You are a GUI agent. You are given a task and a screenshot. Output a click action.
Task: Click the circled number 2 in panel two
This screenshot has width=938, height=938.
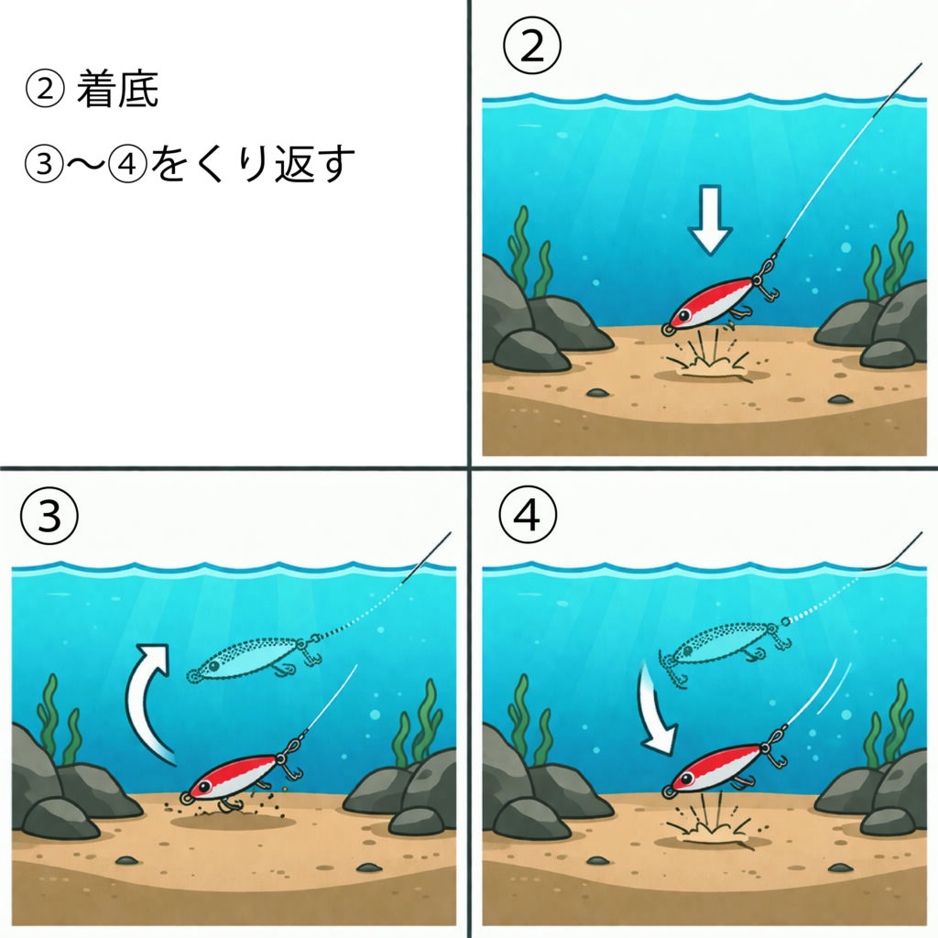click(x=532, y=46)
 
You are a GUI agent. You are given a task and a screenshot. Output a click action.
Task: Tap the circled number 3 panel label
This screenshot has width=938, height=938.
click(x=49, y=515)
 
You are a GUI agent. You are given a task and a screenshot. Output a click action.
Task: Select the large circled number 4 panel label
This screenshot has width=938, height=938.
click(x=527, y=514)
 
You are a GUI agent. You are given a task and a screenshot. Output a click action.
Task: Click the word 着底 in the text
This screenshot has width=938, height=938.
click(x=117, y=90)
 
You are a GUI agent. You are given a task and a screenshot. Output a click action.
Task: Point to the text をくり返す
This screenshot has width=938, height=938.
click(x=252, y=163)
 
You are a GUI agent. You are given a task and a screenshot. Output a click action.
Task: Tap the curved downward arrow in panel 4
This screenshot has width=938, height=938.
click(x=658, y=709)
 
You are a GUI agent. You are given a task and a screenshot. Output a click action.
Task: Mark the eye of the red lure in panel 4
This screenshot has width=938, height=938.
click(x=685, y=779)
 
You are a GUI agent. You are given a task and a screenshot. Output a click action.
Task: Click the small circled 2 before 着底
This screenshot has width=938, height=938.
click(x=45, y=89)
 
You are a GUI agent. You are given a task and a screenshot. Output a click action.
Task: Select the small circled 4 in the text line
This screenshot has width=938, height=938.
click(x=127, y=163)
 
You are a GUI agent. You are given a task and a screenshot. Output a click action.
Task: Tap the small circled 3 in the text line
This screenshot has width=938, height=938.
click(x=44, y=163)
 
